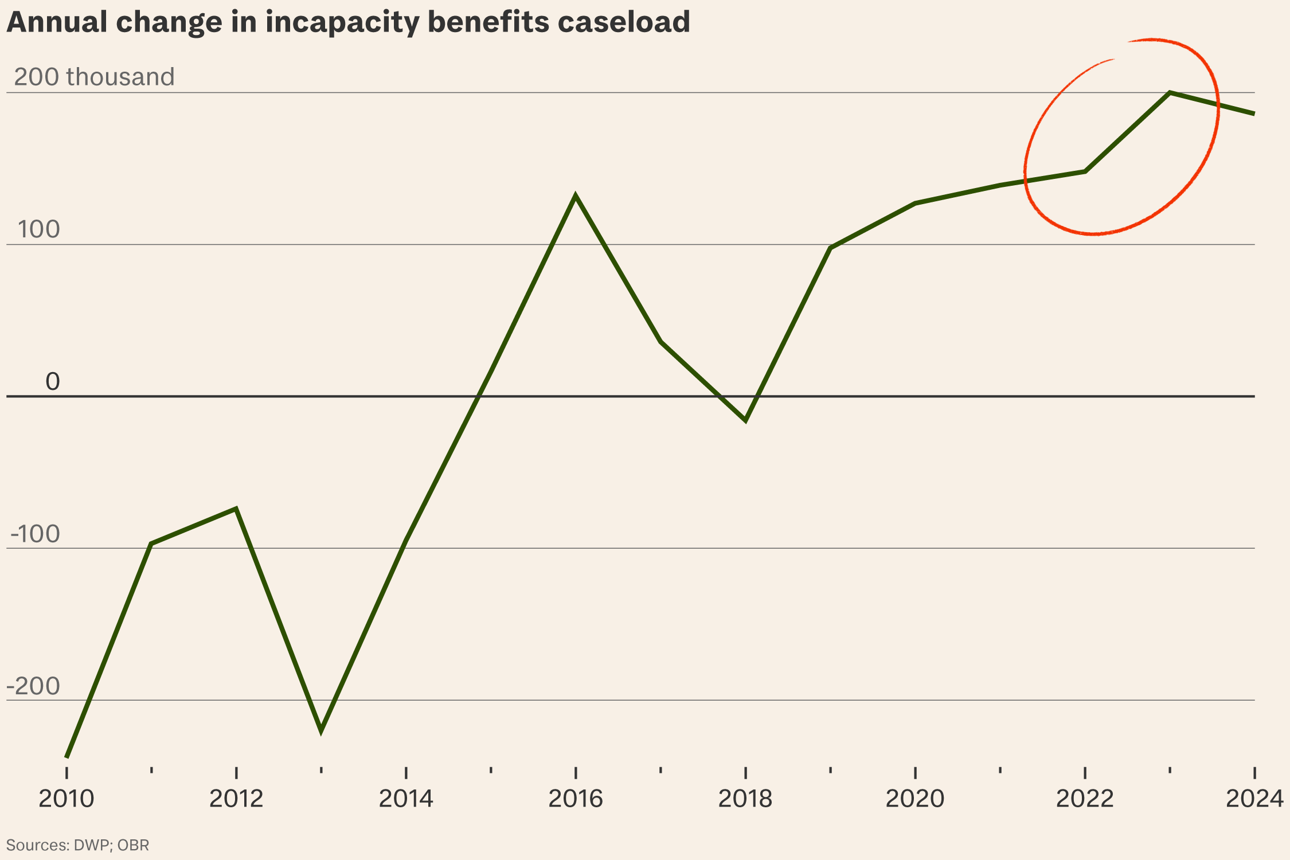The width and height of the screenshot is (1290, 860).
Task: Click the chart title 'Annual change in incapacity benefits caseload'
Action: [x=348, y=22]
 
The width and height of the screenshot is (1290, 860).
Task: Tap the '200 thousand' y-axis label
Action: [x=94, y=77]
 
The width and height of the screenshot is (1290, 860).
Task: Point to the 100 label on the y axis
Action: [x=38, y=229]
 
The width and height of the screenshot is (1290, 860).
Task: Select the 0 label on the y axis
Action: [x=53, y=382]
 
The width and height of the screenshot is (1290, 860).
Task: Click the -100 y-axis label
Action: [x=35, y=534]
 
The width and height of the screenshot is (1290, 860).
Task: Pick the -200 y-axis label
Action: [x=33, y=686]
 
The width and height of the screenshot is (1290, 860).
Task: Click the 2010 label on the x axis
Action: [x=67, y=799]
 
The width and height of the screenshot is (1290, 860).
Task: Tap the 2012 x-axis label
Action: [x=236, y=799]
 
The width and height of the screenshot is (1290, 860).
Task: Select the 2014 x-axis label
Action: [x=406, y=799]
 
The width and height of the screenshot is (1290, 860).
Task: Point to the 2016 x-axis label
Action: [x=576, y=799]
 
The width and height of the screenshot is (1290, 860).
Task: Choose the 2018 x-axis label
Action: [x=745, y=799]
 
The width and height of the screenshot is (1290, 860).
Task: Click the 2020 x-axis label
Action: [x=915, y=799]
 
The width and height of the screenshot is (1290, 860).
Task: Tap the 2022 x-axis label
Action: [x=1085, y=799]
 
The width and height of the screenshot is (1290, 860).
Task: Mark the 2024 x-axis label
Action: [x=1254, y=799]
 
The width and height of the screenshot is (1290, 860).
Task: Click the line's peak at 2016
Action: [x=576, y=197]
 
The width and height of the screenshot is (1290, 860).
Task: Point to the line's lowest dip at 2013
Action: [x=321, y=730]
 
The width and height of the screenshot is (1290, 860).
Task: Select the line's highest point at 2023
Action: [x=1170, y=93]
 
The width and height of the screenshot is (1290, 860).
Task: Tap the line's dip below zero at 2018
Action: [x=745, y=420]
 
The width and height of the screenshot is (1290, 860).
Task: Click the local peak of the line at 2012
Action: [x=236, y=509]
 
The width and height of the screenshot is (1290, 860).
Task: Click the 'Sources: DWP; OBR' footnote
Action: [x=77, y=845]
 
